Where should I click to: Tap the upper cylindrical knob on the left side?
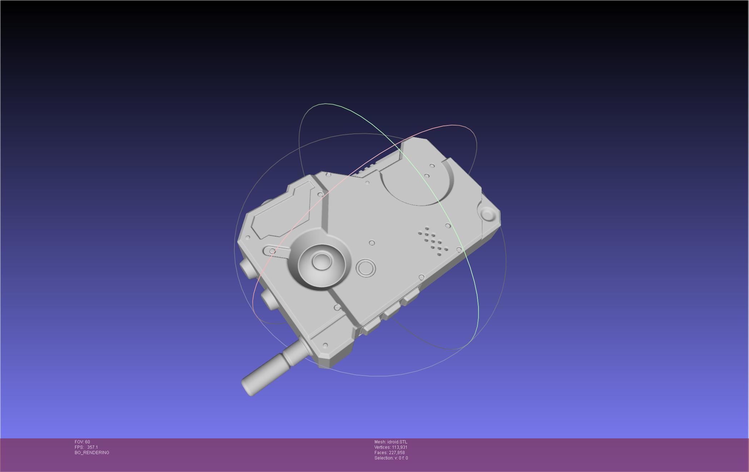tap(247, 266)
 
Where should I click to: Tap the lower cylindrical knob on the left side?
tap(269, 298)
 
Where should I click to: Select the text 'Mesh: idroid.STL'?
tap(391, 442)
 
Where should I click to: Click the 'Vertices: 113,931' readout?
tap(391, 447)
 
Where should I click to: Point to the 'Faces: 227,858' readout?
tap(390, 453)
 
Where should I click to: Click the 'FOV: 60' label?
tap(82, 442)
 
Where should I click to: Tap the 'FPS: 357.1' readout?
tap(86, 447)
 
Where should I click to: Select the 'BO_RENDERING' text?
tap(92, 453)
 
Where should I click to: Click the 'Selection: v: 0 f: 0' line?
tap(391, 458)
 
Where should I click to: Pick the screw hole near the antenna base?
tap(325, 345)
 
